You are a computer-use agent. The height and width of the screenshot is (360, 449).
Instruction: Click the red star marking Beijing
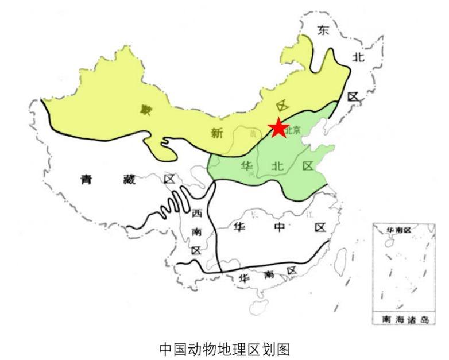tap(278, 128)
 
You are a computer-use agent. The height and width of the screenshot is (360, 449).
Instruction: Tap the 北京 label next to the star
tap(293, 130)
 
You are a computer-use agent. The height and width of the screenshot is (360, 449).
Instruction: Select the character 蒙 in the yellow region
tap(140, 109)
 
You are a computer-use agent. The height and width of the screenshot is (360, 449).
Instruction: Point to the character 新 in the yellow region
tap(216, 133)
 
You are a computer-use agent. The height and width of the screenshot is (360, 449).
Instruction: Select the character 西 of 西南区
tap(197, 214)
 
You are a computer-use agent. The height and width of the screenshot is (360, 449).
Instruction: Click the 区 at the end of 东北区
tap(353, 96)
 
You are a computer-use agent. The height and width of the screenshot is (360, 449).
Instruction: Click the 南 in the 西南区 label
tap(196, 232)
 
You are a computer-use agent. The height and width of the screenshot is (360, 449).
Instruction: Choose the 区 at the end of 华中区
tap(320, 227)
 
